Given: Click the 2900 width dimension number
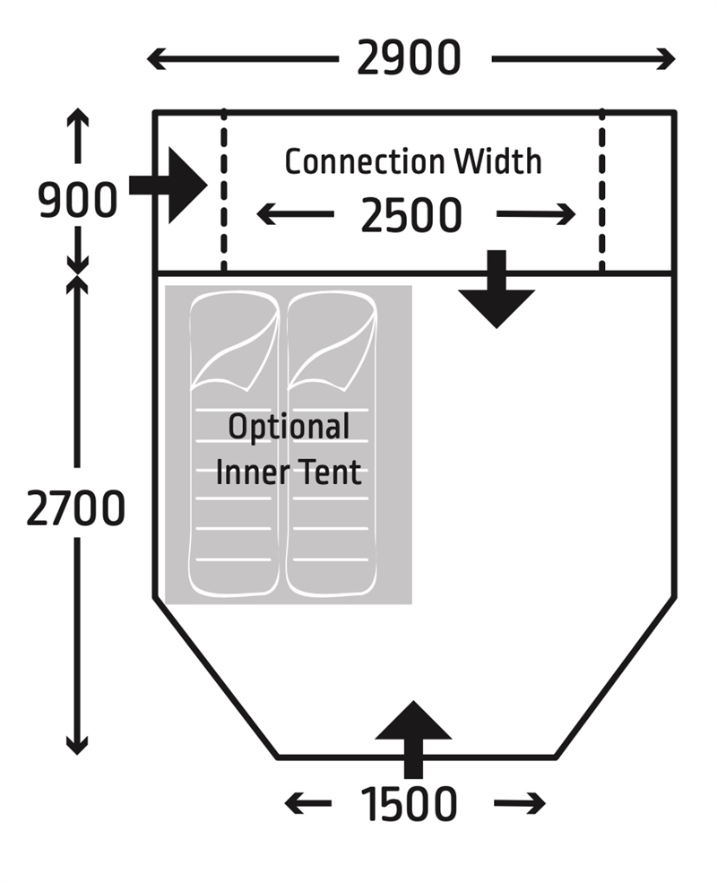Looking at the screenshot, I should [408, 60].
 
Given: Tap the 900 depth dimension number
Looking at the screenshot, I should [78, 201].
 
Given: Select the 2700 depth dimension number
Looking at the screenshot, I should [75, 510].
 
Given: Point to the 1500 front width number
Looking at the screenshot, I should [409, 804].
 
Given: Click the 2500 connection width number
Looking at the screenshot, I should [411, 216].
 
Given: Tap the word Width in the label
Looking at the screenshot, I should [497, 162].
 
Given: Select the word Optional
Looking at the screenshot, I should [289, 428].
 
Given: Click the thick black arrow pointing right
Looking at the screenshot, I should [173, 186].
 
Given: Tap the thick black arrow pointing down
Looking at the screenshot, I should [497, 291].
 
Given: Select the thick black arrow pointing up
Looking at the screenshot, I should [412, 735].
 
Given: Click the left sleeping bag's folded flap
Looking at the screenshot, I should [235, 345].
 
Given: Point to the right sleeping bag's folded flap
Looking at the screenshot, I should [332, 345].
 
